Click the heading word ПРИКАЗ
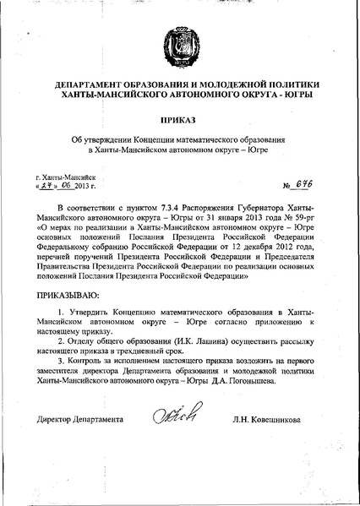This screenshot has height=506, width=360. [x=180, y=121]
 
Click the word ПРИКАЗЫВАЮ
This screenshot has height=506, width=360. [x=68, y=297]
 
